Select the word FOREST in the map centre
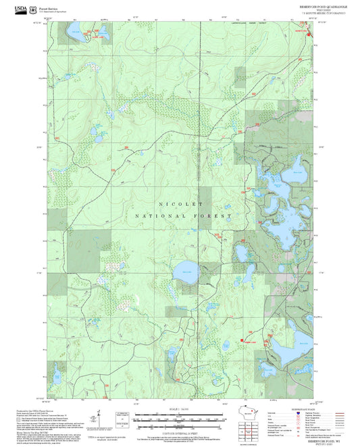click(215, 216)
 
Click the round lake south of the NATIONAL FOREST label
click(186, 274)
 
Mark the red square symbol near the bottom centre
click(241, 340)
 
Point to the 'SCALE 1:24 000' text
click(180, 409)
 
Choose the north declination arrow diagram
click(99, 417)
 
